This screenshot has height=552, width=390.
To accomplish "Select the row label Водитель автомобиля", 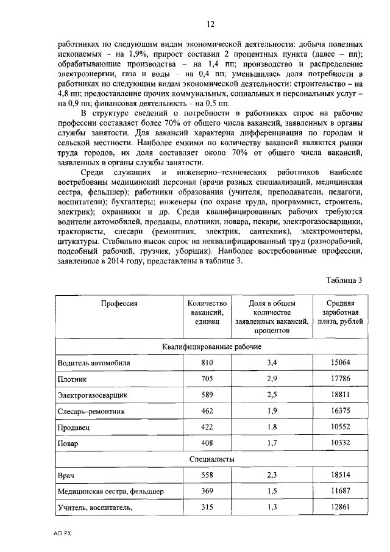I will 94,362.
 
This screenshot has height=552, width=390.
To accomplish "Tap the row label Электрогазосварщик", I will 92,395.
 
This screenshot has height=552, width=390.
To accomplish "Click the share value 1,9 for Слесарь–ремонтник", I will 272,411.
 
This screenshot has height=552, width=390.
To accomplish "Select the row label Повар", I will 68,443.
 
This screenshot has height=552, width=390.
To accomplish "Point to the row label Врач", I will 66,475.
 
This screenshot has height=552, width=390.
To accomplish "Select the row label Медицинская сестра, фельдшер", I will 110,490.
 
